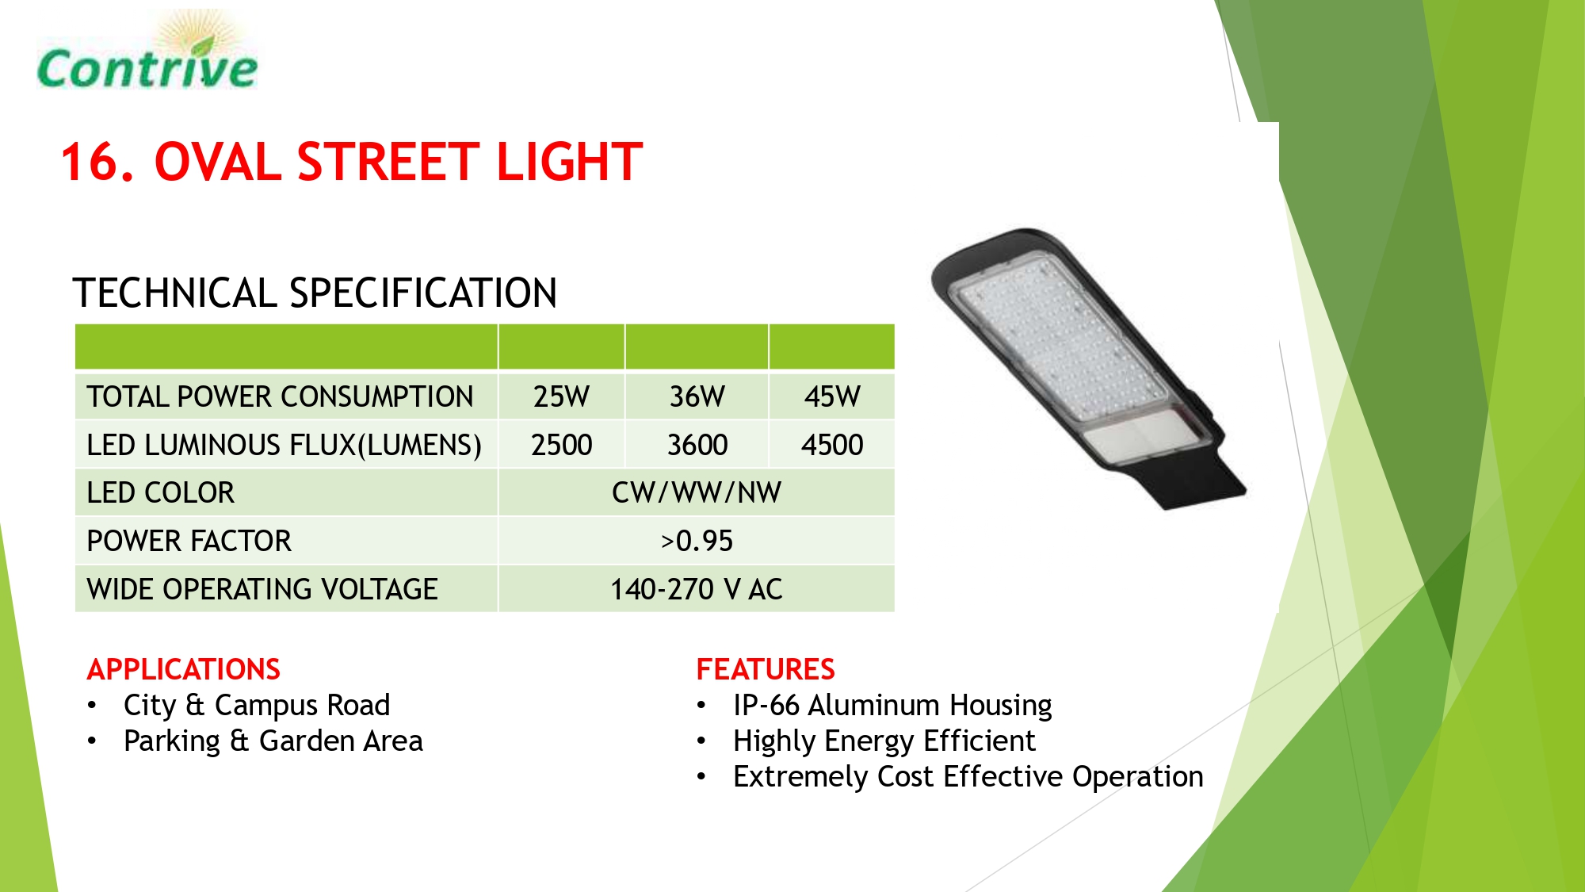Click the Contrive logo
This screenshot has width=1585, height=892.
147,52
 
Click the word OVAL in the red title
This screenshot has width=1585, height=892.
218,162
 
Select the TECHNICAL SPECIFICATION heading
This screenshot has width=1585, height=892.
315,293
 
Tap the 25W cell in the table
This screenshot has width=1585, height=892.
561,396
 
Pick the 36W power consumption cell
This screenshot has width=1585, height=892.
697,396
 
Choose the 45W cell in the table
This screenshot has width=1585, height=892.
832,396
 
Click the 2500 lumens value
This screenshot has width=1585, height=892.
561,445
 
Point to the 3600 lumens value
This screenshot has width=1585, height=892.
697,445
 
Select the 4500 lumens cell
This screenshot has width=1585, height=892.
832,445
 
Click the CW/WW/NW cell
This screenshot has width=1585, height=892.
697,492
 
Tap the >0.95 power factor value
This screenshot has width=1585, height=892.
697,541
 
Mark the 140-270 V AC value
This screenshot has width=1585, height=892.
697,589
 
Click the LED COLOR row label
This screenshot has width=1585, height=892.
161,492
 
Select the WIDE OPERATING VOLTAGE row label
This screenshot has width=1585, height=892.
262,589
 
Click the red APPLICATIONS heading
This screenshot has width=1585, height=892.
184,669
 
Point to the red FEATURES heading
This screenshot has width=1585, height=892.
766,669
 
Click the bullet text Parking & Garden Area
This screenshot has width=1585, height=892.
273,741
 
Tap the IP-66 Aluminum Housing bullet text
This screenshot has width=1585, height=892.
892,706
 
